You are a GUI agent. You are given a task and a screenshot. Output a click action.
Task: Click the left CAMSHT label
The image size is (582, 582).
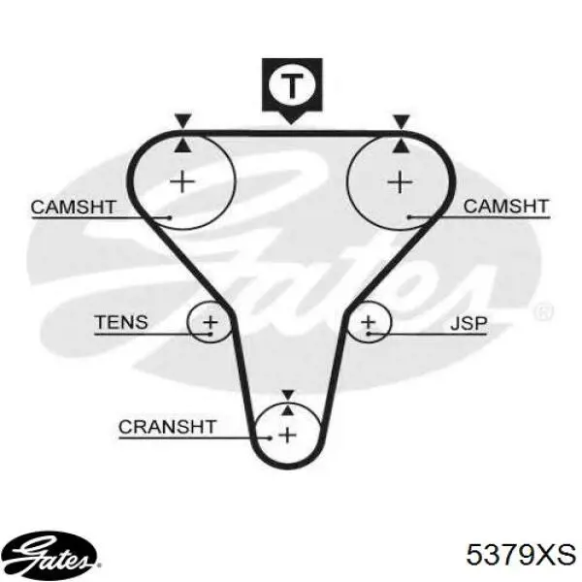click(74, 208)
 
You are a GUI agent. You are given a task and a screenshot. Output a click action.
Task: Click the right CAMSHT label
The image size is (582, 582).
click(506, 207)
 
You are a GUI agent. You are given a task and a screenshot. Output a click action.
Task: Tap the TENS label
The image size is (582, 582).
click(121, 322)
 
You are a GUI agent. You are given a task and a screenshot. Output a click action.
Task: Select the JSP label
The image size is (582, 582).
click(469, 324)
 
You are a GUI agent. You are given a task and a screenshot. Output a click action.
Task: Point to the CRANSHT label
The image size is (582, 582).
click(168, 427)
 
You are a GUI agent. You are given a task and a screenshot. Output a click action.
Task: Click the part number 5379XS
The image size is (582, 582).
click(521, 555)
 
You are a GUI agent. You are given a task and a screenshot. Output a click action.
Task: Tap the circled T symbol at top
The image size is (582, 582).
click(292, 85)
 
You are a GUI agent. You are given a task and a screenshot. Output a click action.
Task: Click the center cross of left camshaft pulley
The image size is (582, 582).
click(182, 182)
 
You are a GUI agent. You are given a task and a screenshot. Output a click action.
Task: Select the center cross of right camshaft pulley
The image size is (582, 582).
click(400, 182)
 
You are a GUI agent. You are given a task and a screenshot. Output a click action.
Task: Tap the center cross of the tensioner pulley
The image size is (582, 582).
click(210, 322)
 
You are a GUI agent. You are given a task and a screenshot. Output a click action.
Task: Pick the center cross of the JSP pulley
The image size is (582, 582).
click(369, 322)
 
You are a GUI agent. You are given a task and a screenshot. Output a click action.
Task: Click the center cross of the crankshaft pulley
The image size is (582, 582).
click(288, 435)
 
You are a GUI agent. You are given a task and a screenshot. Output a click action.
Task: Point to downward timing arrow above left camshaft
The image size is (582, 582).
click(183, 121)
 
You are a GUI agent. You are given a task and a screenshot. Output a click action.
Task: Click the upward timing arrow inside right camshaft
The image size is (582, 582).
click(402, 145)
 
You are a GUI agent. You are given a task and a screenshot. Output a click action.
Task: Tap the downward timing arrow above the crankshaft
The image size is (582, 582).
click(288, 395)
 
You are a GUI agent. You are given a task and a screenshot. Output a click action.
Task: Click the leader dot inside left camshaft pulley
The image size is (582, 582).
click(170, 217)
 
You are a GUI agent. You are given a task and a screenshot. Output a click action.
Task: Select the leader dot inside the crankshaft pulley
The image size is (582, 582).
click(270, 438)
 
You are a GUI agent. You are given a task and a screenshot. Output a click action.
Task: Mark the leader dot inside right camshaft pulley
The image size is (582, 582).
click(409, 217)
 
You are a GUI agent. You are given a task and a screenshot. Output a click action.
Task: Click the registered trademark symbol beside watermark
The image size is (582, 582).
click(542, 311)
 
